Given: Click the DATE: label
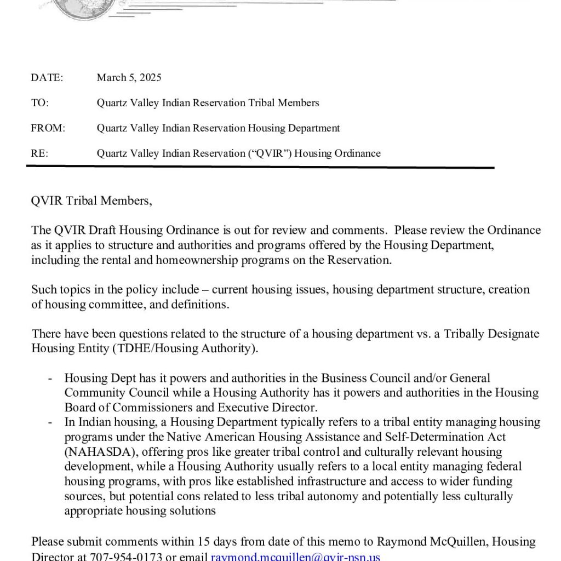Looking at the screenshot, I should (x=47, y=78).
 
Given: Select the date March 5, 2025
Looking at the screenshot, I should (x=129, y=78).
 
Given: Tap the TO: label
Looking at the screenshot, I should (x=40, y=103).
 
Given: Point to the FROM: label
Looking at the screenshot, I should (x=48, y=128).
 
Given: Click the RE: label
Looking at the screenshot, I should (x=39, y=153).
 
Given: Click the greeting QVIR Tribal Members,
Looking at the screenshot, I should (x=91, y=201).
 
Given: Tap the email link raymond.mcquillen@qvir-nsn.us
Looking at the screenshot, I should (x=295, y=557).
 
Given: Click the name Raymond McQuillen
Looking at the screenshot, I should (x=432, y=542).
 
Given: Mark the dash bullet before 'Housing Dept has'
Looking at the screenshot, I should (x=50, y=378).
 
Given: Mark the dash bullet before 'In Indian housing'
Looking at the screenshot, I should (x=50, y=422).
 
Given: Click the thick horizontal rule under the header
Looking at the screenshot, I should (x=260, y=168).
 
